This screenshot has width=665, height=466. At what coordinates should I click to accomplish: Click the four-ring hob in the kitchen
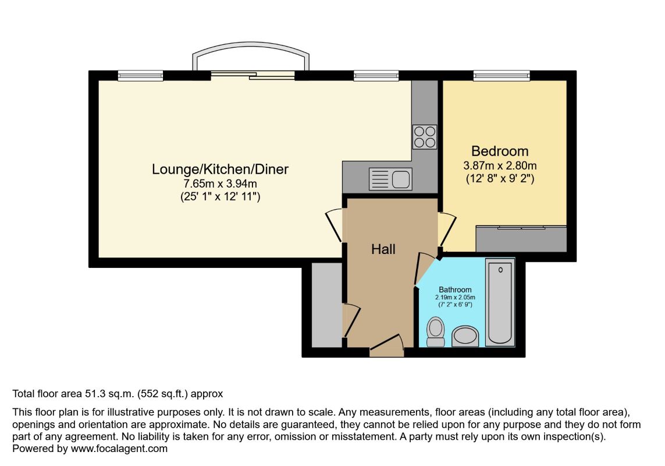click(425, 137)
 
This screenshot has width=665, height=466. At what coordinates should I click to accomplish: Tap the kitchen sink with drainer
click(390, 178)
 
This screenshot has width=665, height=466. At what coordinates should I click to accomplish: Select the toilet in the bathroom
click(436, 332)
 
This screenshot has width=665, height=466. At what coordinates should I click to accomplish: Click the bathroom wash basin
click(465, 337)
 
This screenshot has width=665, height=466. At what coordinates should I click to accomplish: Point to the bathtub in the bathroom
click(500, 302)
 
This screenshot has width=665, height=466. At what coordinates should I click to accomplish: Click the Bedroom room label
click(500, 151)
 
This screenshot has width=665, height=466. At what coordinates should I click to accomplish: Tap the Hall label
click(383, 249)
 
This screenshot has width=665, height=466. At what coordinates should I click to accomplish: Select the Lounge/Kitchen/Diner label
click(220, 170)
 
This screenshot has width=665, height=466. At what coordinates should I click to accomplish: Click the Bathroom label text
click(455, 290)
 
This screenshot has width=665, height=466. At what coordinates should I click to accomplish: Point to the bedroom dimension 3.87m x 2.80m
click(500, 165)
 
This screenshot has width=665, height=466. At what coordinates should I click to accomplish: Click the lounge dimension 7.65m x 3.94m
click(220, 184)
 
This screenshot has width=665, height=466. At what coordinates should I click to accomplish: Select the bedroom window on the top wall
click(502, 76)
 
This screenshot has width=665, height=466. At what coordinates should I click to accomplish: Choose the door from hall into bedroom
click(447, 230)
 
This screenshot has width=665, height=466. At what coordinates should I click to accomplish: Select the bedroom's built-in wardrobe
click(521, 239)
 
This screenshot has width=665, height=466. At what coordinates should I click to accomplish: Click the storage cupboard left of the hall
click(327, 305)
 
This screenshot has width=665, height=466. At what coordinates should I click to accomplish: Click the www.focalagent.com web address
click(119, 449)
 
